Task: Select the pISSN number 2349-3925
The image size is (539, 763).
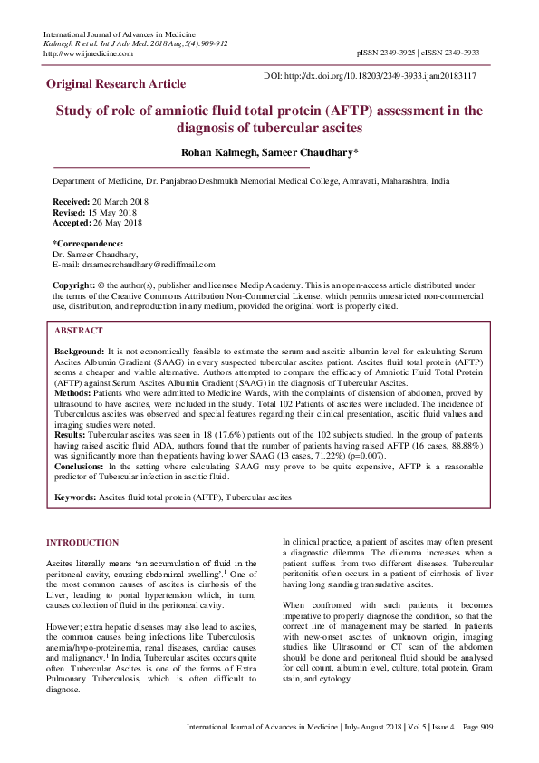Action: [x=396, y=53]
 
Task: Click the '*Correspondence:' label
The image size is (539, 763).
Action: [x=88, y=244]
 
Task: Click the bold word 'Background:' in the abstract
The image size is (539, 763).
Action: [x=80, y=350]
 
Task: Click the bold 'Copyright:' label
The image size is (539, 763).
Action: [x=73, y=285]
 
